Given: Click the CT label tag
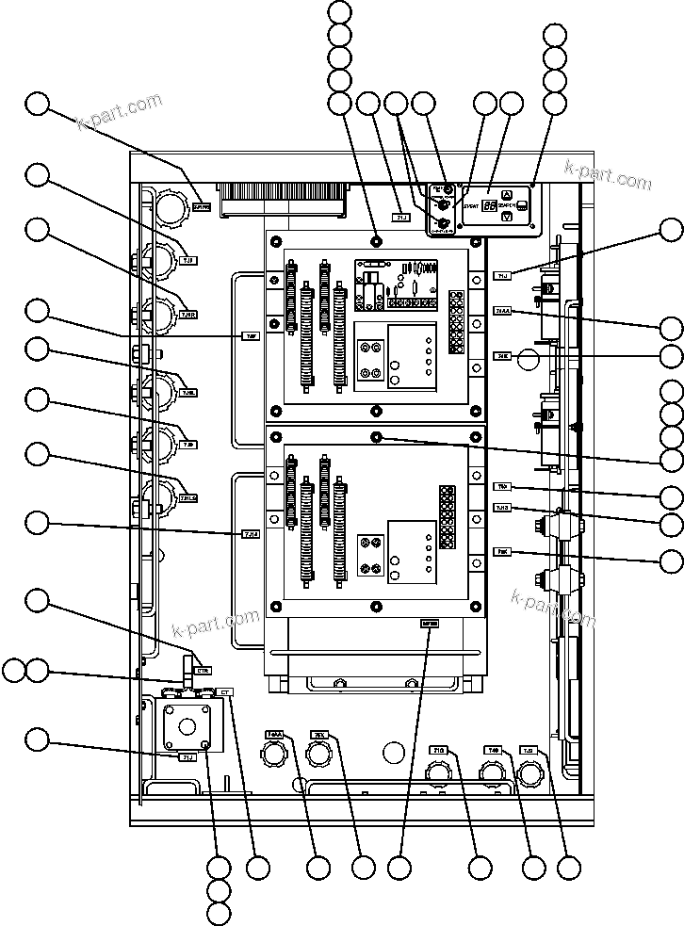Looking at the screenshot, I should (225, 692).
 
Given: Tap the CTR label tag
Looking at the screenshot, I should (203, 670).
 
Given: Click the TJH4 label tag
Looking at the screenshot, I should (251, 534).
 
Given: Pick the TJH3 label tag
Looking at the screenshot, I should (503, 509).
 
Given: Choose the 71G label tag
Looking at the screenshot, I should (438, 751).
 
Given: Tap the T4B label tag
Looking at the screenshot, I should (493, 751).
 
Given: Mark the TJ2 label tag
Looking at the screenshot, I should (528, 751).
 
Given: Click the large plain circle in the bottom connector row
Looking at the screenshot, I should (394, 751).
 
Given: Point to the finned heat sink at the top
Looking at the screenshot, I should (283, 198).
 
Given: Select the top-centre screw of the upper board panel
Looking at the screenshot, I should (376, 236).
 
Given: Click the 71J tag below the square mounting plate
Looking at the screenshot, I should (187, 756).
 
